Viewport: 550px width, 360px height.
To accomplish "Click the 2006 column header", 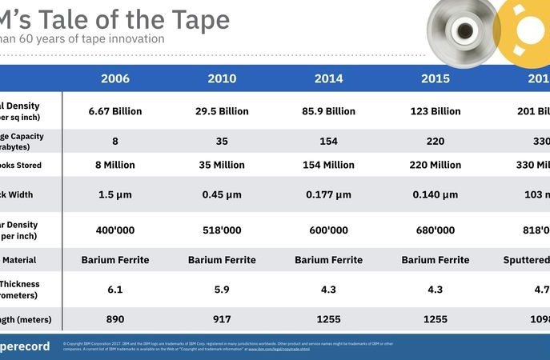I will [115, 78].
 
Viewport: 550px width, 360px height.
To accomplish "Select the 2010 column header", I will [222, 78].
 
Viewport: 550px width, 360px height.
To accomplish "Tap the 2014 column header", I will [328, 78].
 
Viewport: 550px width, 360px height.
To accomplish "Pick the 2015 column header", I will [436, 78].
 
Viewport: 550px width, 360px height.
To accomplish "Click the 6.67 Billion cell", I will [115, 111].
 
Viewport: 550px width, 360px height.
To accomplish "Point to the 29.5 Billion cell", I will [222, 111].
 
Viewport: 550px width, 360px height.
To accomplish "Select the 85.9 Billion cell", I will [328, 111].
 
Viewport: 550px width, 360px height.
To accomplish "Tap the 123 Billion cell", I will [436, 111].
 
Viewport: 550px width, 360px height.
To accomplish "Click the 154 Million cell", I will [328, 165].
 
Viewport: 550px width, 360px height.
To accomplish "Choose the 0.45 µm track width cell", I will [222, 194].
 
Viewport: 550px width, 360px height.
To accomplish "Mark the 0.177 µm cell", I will [328, 194].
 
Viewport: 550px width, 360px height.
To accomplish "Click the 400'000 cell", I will [115, 230].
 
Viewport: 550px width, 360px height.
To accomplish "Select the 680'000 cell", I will [436, 230].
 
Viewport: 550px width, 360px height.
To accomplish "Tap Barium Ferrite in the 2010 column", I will [222, 260].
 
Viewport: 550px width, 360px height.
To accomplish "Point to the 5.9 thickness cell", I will [222, 289].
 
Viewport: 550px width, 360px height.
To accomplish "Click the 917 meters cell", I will [222, 318].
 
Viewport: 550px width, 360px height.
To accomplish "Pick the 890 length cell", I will [115, 318].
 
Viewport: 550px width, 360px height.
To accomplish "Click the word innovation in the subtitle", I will [135, 38].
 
